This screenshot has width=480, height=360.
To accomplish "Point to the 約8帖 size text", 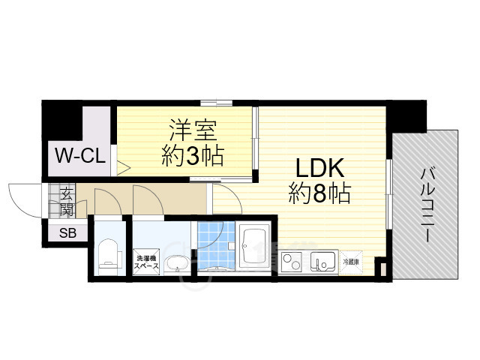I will point(319,194).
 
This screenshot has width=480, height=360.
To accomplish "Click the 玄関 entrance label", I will point(66,202).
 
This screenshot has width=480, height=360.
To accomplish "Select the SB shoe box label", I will point(67,232).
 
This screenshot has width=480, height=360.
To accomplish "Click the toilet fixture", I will point(109,253).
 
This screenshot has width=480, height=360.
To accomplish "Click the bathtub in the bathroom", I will point(254,246).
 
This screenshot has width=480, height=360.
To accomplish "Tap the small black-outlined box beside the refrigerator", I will point(379,267).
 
